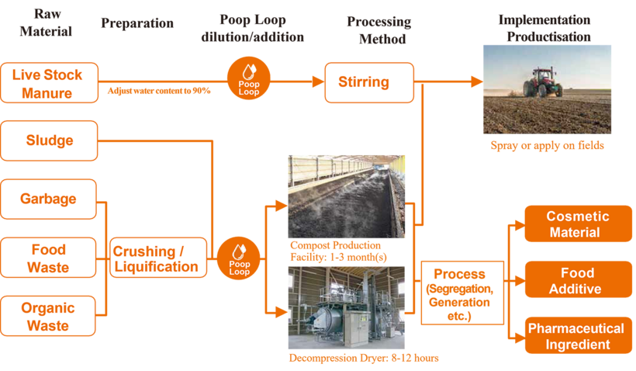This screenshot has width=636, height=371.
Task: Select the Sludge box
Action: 50,140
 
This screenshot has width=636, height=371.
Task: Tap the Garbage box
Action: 50,199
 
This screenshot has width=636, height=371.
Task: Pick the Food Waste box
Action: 50,258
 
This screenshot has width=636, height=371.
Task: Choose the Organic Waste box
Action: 50,316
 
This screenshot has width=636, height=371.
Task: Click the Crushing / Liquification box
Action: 158,258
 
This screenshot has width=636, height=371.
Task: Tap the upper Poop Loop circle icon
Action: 249,79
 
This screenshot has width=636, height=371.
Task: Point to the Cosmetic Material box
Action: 578,224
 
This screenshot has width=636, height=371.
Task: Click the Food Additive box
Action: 578,280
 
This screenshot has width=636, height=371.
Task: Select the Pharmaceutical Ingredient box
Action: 578,336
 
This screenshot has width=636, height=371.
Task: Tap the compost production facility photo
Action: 347,197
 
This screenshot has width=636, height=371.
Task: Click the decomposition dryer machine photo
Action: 347,308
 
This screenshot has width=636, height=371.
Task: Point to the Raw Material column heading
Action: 46,23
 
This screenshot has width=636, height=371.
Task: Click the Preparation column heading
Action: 137,23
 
